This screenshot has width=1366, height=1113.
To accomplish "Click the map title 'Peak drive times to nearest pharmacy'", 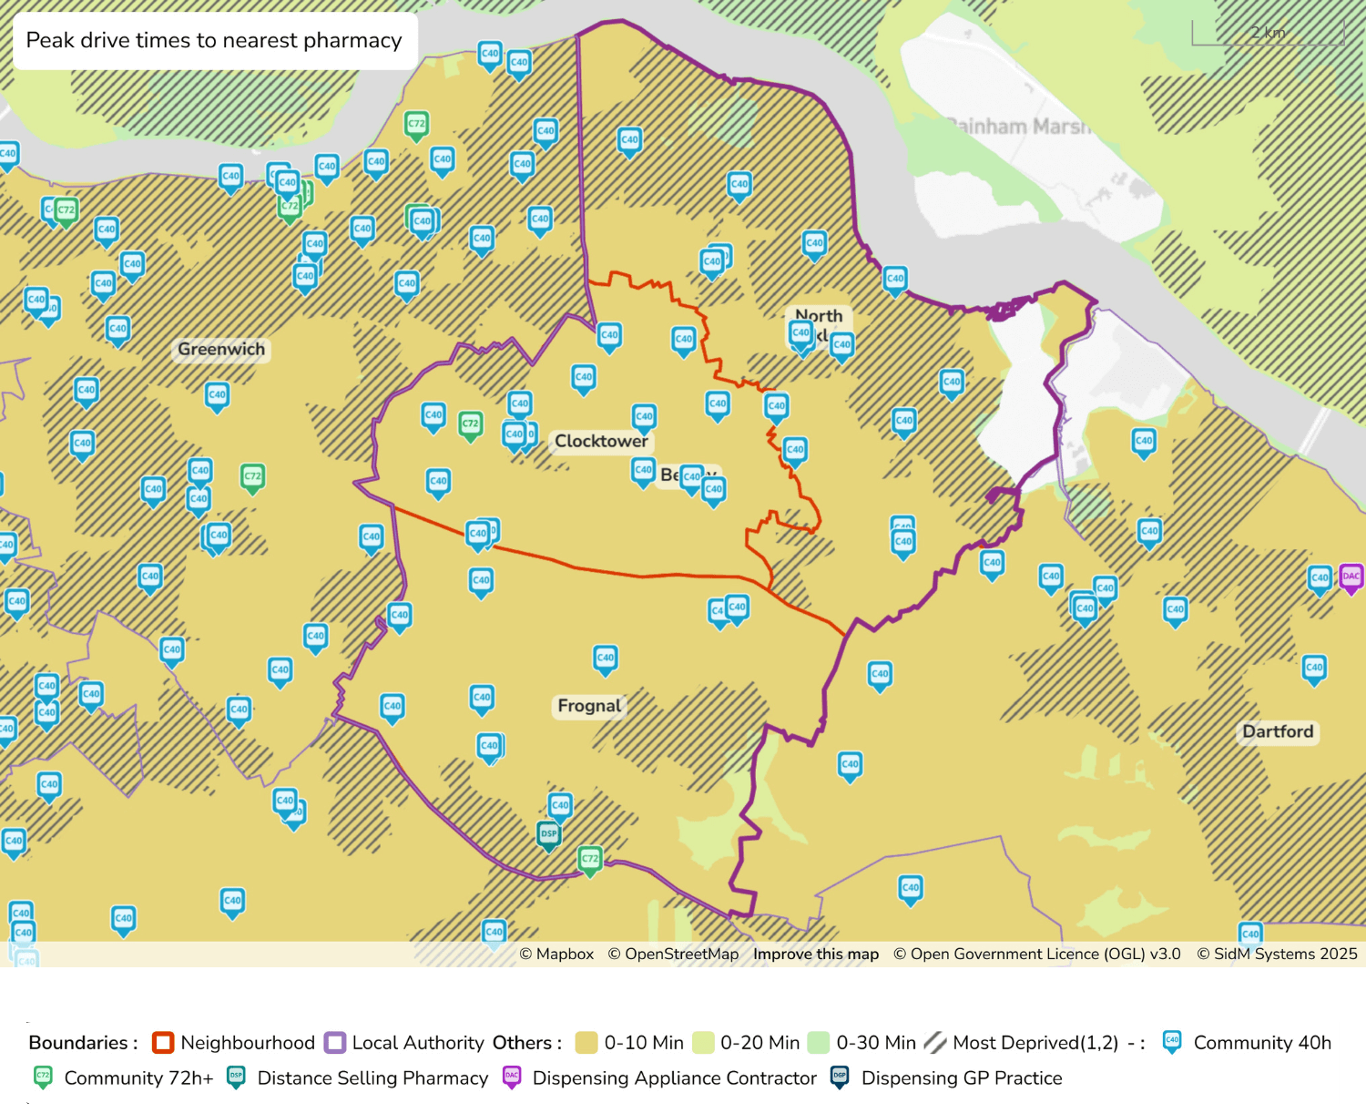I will (214, 41).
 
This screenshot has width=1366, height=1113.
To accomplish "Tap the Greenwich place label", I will (221, 350).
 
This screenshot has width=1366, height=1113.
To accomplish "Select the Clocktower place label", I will (601, 442).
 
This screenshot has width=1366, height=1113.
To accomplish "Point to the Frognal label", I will (589, 706).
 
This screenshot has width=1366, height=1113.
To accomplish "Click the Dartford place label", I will (1278, 732).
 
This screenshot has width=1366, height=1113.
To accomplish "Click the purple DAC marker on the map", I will (1351, 577).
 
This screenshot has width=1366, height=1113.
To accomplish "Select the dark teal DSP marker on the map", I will (548, 834).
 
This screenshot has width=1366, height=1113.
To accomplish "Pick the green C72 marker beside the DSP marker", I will (590, 859).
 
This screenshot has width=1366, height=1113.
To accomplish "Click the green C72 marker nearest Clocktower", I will (470, 424).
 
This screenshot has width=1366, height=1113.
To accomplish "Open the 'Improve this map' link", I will (816, 955).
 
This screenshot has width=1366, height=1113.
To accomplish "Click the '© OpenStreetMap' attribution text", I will (673, 955).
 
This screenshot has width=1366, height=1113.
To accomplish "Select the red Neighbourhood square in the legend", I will (163, 1043).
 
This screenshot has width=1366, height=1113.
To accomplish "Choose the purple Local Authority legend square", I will (335, 1043).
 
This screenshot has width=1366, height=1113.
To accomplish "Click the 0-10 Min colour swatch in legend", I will (586, 1043).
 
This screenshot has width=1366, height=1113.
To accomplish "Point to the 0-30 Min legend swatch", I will (819, 1043).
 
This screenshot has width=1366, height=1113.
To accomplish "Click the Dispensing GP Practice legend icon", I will (840, 1078).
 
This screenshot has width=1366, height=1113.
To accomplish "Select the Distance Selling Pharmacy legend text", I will (372, 1078).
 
